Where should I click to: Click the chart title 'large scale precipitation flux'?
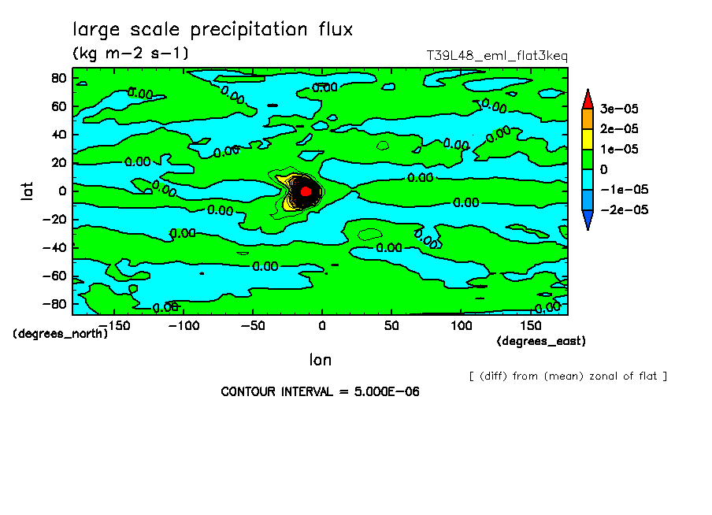(x=213, y=30)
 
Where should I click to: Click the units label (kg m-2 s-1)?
(x=131, y=54)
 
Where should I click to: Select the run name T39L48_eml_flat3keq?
(x=496, y=56)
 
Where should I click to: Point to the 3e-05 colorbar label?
(x=621, y=108)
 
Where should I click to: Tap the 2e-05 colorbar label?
(x=621, y=128)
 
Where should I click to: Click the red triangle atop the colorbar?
(x=587, y=98)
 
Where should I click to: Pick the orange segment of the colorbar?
(x=587, y=118)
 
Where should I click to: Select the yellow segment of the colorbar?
(x=587, y=139)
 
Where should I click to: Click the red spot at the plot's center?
(x=306, y=191)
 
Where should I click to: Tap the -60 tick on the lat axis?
(x=54, y=276)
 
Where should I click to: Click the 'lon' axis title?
(x=320, y=360)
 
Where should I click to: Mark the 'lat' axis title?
(x=26, y=190)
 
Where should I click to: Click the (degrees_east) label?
(x=541, y=341)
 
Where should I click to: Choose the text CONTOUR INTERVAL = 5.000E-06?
(x=320, y=391)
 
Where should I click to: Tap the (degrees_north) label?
(x=60, y=333)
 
